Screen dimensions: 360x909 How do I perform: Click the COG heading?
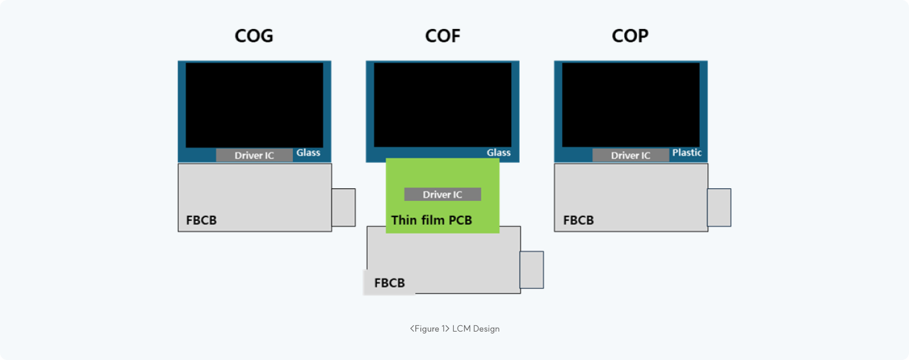[254, 36]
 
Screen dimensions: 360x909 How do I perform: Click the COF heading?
[443, 36]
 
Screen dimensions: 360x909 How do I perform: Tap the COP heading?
[630, 36]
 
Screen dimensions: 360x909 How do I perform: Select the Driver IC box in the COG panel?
[254, 155]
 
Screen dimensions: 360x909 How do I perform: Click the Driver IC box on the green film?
[443, 195]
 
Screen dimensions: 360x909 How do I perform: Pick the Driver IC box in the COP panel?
[631, 155]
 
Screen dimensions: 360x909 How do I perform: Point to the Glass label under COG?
[309, 153]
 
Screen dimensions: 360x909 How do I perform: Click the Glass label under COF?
[499, 153]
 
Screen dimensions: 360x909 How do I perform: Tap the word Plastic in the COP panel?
[687, 153]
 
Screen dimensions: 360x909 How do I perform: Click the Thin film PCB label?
[432, 220]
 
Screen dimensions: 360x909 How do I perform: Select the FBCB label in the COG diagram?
[201, 220]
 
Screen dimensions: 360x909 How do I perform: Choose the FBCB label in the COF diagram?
[389, 283]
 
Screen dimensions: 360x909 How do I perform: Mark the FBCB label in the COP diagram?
[578, 220]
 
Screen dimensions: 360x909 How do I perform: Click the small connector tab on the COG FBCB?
[343, 207]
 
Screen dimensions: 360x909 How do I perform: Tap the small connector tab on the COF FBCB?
[532, 270]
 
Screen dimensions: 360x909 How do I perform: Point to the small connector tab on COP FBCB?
[719, 207]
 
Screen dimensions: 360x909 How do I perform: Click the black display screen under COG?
[254, 105]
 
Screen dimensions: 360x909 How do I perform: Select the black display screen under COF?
[443, 105]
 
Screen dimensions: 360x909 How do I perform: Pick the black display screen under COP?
[631, 105]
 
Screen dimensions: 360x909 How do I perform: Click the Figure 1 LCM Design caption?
[454, 328]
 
